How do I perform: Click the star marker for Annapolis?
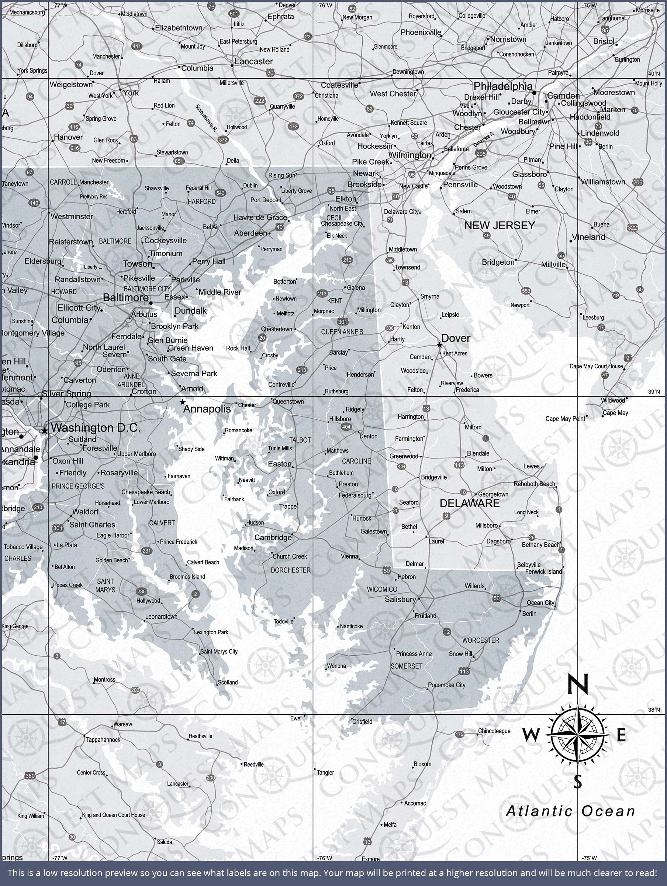tap(183, 402)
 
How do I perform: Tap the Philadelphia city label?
tap(503, 86)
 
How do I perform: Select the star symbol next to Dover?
tap(439, 345)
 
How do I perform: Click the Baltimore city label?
tap(126, 297)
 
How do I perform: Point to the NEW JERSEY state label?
tap(500, 226)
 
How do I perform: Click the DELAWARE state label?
tap(470, 504)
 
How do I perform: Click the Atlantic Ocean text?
tap(570, 811)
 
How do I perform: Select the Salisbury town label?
tap(400, 599)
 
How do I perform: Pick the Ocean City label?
tap(540, 602)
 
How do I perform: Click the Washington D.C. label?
tap(95, 428)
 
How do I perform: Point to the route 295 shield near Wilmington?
tap(481, 154)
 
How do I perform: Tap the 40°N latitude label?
tap(654, 74)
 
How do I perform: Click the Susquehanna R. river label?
tap(206, 118)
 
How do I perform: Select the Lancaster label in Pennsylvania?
tap(253, 61)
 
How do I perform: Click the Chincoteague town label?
tap(494, 731)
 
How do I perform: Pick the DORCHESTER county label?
tap(291, 570)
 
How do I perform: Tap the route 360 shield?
tap(30, 776)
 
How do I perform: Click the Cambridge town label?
tap(273, 538)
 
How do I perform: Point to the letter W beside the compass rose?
tap(530, 735)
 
